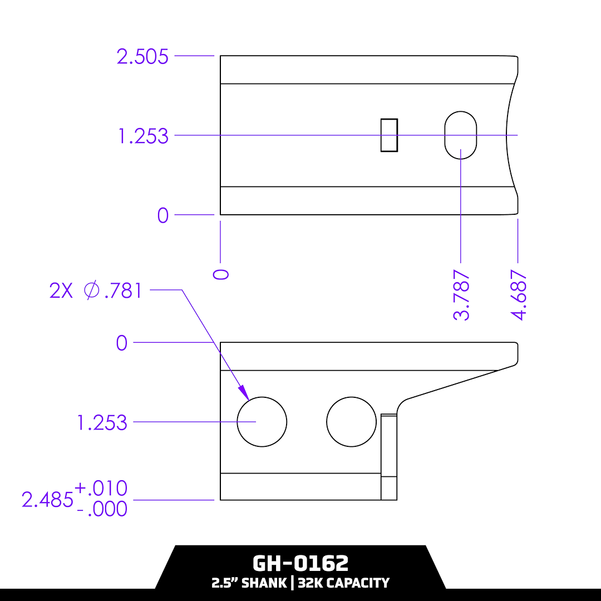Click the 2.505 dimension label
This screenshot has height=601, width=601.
[x=142, y=57]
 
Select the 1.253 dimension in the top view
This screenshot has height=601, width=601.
[x=143, y=136]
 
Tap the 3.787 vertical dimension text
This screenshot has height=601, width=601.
[x=462, y=295]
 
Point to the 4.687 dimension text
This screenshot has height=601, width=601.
[x=519, y=295]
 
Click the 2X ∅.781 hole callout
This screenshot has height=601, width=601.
[x=96, y=290]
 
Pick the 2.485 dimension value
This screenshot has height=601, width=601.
[x=47, y=500]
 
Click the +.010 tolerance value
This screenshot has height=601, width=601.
[x=101, y=489]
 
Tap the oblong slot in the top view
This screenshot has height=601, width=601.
[x=461, y=135]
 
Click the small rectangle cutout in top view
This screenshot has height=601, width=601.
[x=389, y=135]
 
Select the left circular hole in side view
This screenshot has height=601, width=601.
[x=262, y=422]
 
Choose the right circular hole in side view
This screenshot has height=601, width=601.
[x=351, y=422]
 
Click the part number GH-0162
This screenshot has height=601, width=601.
[x=300, y=563]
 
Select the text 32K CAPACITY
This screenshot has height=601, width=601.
[x=343, y=583]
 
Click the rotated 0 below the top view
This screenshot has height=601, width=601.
[x=221, y=274]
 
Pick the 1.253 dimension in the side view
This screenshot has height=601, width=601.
[x=102, y=423]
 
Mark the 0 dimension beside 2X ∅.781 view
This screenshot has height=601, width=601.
[x=121, y=343]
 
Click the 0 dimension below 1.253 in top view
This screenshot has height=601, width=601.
[x=162, y=215]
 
